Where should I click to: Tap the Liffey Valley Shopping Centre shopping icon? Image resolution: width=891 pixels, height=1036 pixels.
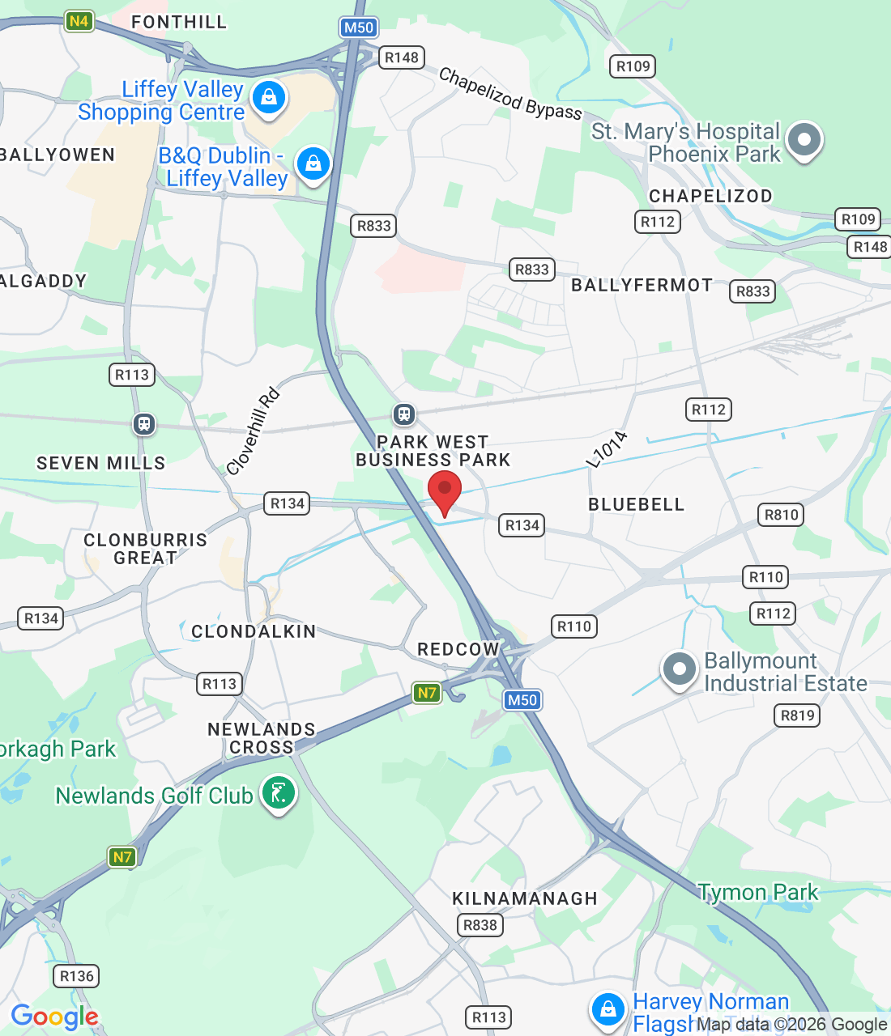click(x=269, y=98)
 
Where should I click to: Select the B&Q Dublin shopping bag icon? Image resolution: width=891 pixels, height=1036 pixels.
click(x=313, y=164)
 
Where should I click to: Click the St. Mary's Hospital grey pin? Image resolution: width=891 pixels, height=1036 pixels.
click(x=804, y=139)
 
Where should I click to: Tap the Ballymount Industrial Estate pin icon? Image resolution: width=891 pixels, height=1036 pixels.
click(x=679, y=669)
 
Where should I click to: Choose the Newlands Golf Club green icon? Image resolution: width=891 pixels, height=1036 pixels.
click(x=279, y=794)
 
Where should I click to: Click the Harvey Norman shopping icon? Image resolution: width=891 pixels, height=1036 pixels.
click(x=607, y=1009)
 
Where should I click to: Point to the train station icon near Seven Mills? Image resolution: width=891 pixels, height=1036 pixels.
click(x=144, y=423)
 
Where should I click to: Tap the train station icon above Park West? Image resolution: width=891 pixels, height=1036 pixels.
click(x=404, y=415)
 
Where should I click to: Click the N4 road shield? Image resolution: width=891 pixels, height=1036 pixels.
click(x=79, y=21)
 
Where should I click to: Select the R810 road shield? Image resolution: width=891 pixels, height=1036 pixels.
click(x=782, y=515)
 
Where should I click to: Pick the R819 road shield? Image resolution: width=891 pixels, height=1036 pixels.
click(x=798, y=715)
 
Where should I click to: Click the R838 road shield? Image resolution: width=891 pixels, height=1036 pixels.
click(x=480, y=925)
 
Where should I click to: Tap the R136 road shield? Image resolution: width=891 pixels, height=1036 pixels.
click(x=77, y=976)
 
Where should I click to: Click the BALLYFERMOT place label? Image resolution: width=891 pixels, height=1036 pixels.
click(x=642, y=285)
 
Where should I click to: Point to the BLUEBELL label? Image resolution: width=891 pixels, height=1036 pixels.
click(x=636, y=504)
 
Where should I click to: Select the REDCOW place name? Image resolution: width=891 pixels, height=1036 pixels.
click(x=458, y=649)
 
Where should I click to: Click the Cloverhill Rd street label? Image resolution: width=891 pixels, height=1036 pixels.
click(x=254, y=431)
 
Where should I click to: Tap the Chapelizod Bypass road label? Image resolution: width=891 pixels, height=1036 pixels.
click(x=510, y=94)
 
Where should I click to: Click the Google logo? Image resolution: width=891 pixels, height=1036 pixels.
click(x=54, y=1017)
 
